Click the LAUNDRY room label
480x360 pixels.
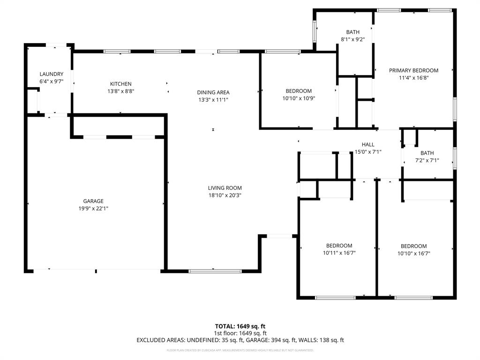coord(52,74)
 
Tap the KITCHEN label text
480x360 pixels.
coord(121,84)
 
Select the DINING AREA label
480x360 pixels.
coord(213,92)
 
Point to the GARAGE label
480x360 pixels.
coord(94,201)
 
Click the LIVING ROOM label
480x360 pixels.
coord(225,188)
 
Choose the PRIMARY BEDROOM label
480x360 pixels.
coord(413,70)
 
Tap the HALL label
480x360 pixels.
coord(368,144)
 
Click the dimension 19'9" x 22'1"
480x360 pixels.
coord(94,209)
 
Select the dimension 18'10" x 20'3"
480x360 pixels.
coord(225,195)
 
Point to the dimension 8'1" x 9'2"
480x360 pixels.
coord(353,39)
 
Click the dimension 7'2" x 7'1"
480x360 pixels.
coord(427,160)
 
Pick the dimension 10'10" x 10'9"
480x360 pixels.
coord(299,98)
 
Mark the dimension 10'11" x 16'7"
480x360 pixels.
coord(339,253)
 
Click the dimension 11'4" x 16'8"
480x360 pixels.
coord(413,78)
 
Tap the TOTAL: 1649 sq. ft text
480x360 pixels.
coord(240,326)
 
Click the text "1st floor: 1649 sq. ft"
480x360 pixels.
coord(240,333)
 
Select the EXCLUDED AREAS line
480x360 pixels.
coord(240,340)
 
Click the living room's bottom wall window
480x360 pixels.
coord(215,271)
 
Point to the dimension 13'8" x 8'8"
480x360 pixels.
coord(121,91)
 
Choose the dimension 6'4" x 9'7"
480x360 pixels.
coord(52,82)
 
